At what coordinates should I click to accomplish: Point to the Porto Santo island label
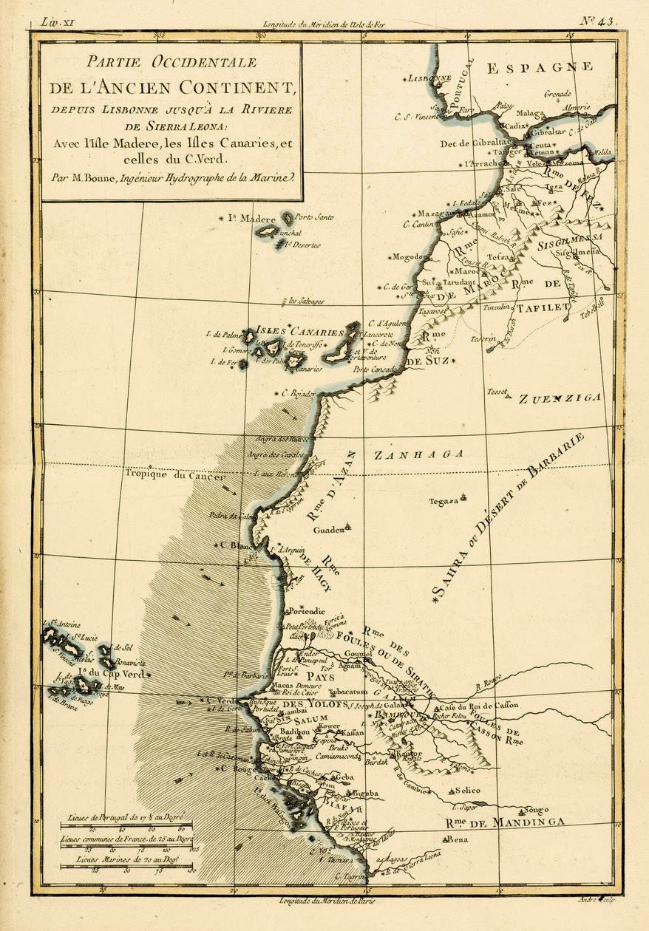(314, 217)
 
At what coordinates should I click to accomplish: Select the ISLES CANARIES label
(300, 332)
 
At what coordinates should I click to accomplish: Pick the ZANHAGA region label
(418, 455)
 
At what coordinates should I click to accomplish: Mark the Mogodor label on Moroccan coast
(411, 258)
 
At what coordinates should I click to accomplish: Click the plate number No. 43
(597, 21)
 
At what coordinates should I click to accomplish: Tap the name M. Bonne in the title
(104, 177)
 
